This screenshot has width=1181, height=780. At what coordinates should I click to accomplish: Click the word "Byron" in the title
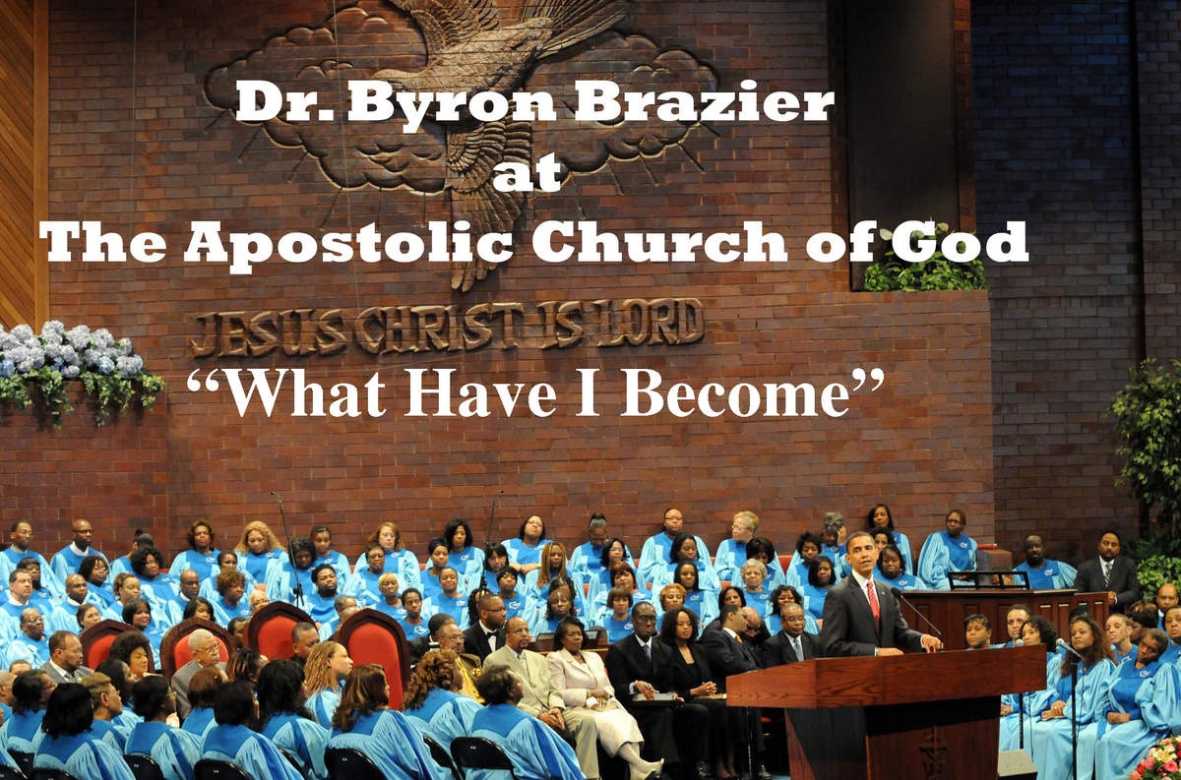tap(452, 105)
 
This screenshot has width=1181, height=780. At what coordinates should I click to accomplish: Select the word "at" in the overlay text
tap(527, 173)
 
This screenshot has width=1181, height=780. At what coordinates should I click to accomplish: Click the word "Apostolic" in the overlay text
tap(348, 245)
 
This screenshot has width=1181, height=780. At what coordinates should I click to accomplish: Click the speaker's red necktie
tap(873, 600)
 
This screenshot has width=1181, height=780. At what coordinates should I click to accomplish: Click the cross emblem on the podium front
tap(934, 751)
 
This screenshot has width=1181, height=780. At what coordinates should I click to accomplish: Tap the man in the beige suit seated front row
tap(532, 686)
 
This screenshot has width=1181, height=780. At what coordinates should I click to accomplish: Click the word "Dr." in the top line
tap(285, 101)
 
